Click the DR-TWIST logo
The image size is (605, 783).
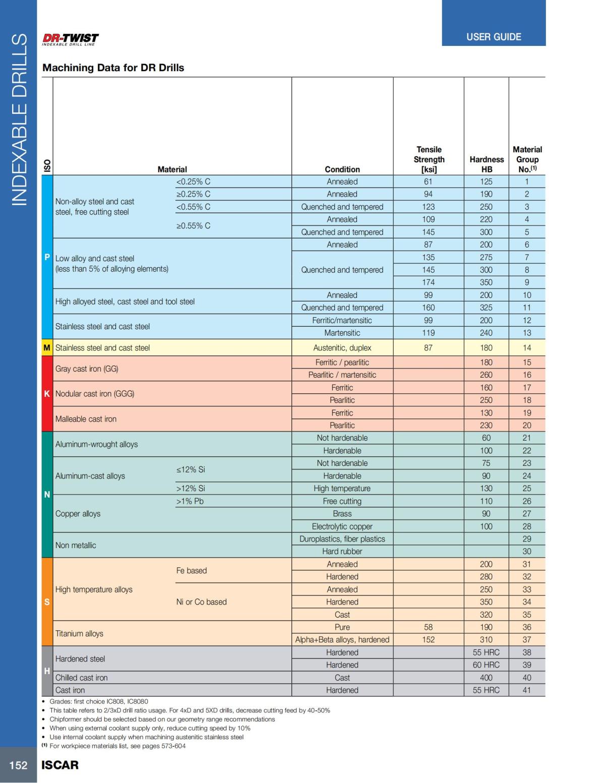(x=70, y=39)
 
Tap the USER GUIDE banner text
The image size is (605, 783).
(x=494, y=37)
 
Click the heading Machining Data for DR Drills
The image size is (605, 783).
(x=113, y=68)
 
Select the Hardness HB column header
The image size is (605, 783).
(x=487, y=164)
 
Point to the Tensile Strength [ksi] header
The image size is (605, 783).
(x=429, y=159)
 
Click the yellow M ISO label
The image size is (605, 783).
(x=47, y=348)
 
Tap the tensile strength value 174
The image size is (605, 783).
(x=429, y=282)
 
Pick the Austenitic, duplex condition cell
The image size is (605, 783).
(x=342, y=348)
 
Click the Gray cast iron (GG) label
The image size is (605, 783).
(x=87, y=369)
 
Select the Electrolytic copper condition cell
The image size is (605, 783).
(x=342, y=526)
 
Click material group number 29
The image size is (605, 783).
(x=527, y=538)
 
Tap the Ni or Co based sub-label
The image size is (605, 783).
(x=202, y=602)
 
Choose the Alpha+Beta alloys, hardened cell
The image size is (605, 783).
(x=342, y=640)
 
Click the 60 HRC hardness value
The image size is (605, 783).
(x=486, y=665)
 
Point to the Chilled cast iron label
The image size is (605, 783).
(x=82, y=678)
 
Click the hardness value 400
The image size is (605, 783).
(x=486, y=678)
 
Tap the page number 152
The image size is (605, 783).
(x=18, y=765)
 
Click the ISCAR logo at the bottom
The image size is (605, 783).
(x=60, y=765)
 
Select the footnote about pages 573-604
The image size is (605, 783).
(x=114, y=746)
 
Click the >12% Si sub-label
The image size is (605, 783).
(x=191, y=488)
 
